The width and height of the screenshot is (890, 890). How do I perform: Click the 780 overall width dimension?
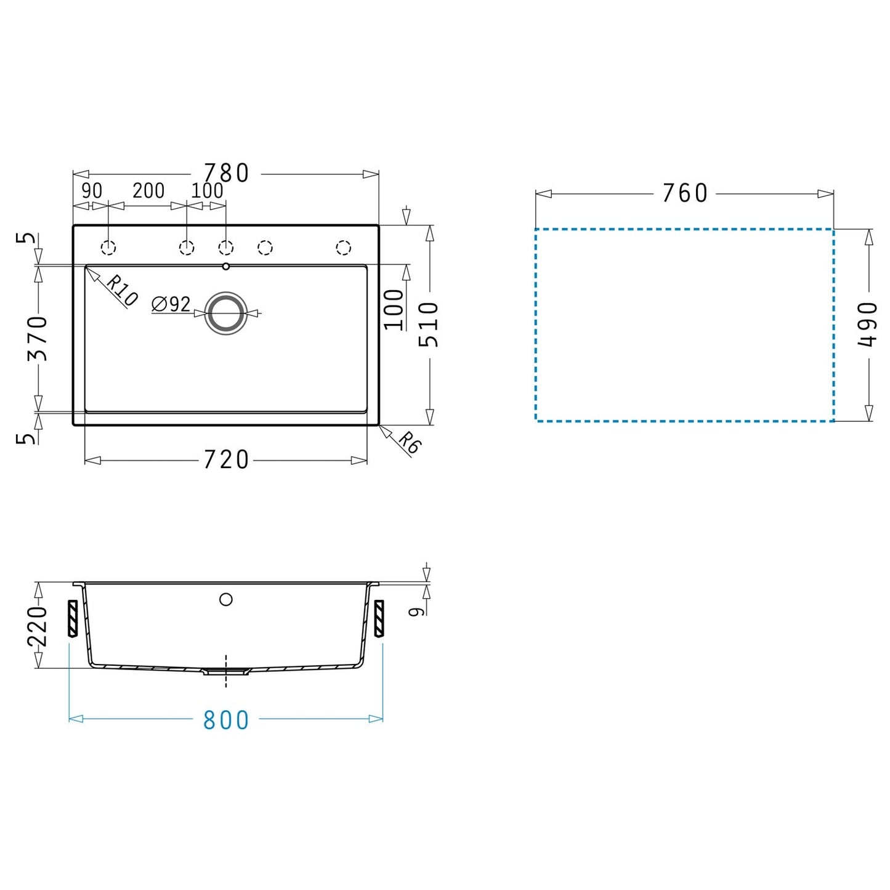226,173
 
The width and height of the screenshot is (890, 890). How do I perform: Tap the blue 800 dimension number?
226,720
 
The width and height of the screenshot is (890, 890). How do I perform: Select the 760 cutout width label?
685,193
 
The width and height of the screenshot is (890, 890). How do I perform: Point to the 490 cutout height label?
867,325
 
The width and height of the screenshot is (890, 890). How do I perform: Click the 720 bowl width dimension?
226,460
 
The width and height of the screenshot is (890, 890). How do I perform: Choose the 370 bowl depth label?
38,339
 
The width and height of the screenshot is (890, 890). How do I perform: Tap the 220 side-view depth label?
38,627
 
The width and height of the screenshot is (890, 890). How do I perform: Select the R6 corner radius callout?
409,442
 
